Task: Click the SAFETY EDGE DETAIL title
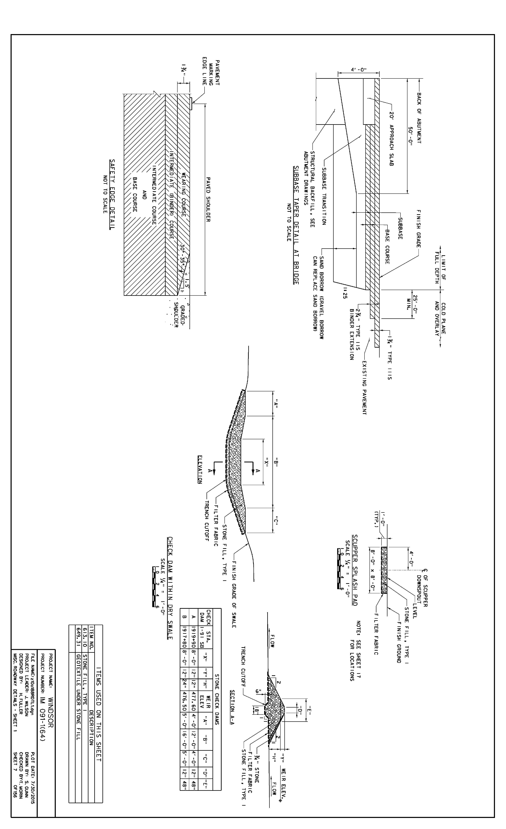pyautogui.click(x=112, y=194)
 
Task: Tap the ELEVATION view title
pyautogui.click(x=200, y=469)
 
